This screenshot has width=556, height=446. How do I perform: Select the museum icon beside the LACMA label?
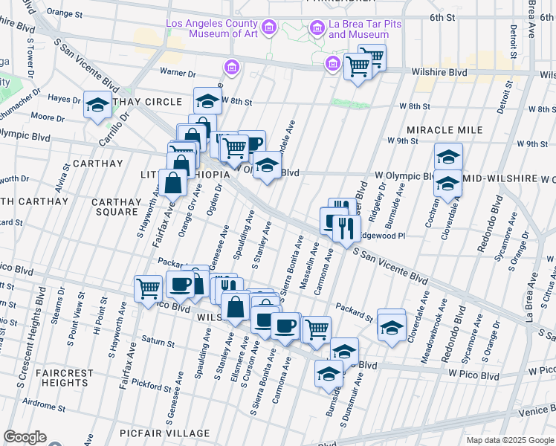pyautogui.click(x=269, y=28)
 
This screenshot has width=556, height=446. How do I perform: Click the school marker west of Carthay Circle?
pyautogui.click(x=97, y=106)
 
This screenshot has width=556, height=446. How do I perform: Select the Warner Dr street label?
pyautogui.click(x=178, y=74)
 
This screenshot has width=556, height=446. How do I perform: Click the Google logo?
pyautogui.click(x=25, y=437)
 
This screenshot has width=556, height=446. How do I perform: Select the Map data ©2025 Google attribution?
pyautogui.click(x=509, y=440)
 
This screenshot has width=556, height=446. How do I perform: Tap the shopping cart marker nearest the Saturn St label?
pyautogui.click(x=148, y=288)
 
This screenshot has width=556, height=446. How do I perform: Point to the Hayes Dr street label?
pyautogui.click(x=65, y=99)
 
